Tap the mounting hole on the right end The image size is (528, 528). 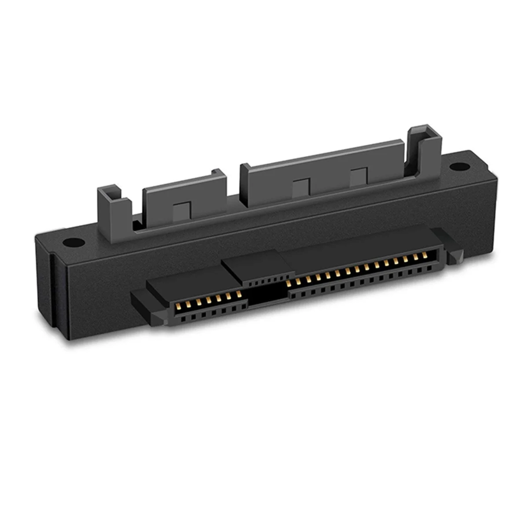point(459,167)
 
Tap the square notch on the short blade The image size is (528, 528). point(182,210)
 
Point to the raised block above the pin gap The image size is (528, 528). point(255,266)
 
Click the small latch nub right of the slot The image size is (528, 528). point(454,255)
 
